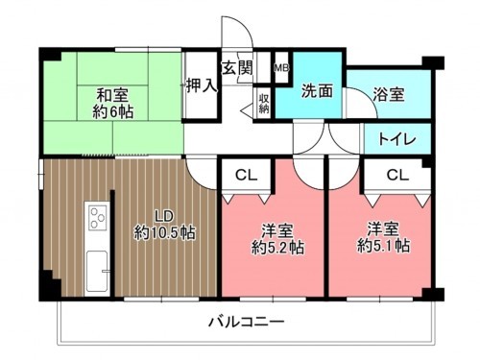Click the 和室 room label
pyautogui.click(x=112, y=94)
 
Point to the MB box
pyautogui.click(x=281, y=68)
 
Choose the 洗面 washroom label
pyautogui.click(x=317, y=92)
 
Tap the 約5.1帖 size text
pyautogui.click(x=383, y=247)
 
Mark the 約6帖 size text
pyautogui.click(x=112, y=112)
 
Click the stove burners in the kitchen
pyautogui.click(x=98, y=218)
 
